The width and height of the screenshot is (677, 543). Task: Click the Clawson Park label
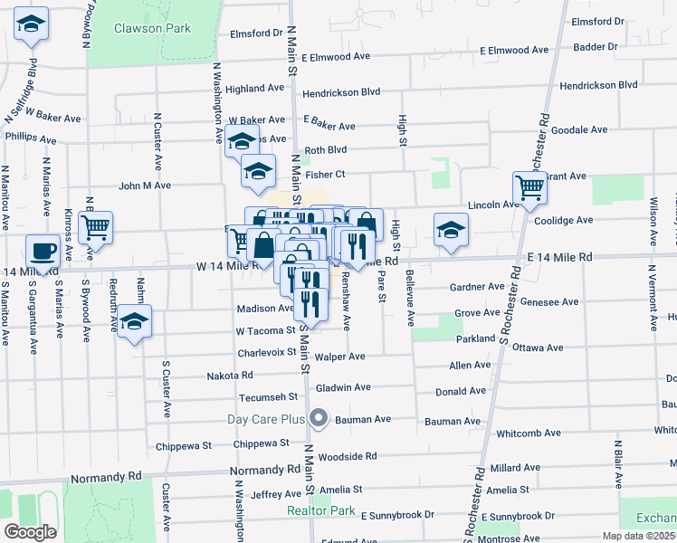click(152, 28)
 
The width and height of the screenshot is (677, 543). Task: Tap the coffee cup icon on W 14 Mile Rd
click(42, 250)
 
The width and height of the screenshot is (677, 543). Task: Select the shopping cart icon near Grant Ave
click(529, 189)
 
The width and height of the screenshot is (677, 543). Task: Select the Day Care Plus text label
click(265, 419)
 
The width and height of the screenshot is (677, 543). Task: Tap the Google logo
click(30, 532)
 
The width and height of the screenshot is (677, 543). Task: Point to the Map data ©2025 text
click(639, 536)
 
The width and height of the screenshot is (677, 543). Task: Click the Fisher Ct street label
click(326, 174)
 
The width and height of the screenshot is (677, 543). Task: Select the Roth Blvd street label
click(326, 150)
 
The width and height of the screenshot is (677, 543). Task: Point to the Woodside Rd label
click(347, 456)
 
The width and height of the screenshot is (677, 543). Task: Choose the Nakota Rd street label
click(229, 375)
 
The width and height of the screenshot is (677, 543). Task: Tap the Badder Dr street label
click(597, 45)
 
